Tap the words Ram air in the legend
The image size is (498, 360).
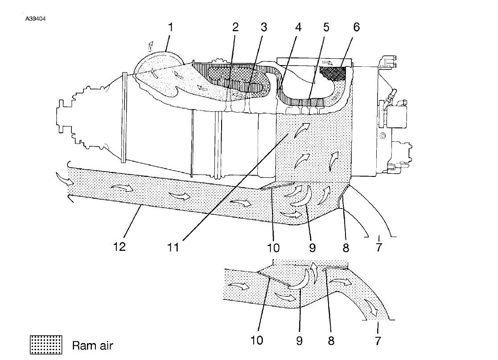[92, 345]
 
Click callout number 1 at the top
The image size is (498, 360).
[170, 27]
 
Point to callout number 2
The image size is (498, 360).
[235, 27]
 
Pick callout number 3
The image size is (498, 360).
[264, 27]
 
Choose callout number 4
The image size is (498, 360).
[298, 27]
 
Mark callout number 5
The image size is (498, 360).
[326, 27]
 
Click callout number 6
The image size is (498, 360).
[356, 27]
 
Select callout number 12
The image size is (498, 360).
[119, 246]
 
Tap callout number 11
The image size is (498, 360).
[173, 247]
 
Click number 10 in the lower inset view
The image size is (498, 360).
[257, 340]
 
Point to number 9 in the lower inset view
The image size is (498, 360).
[299, 340]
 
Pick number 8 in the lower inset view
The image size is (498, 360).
[331, 340]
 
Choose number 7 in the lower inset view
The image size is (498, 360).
[378, 340]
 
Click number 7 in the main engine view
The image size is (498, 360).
[379, 246]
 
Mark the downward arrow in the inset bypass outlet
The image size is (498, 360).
[370, 307]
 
